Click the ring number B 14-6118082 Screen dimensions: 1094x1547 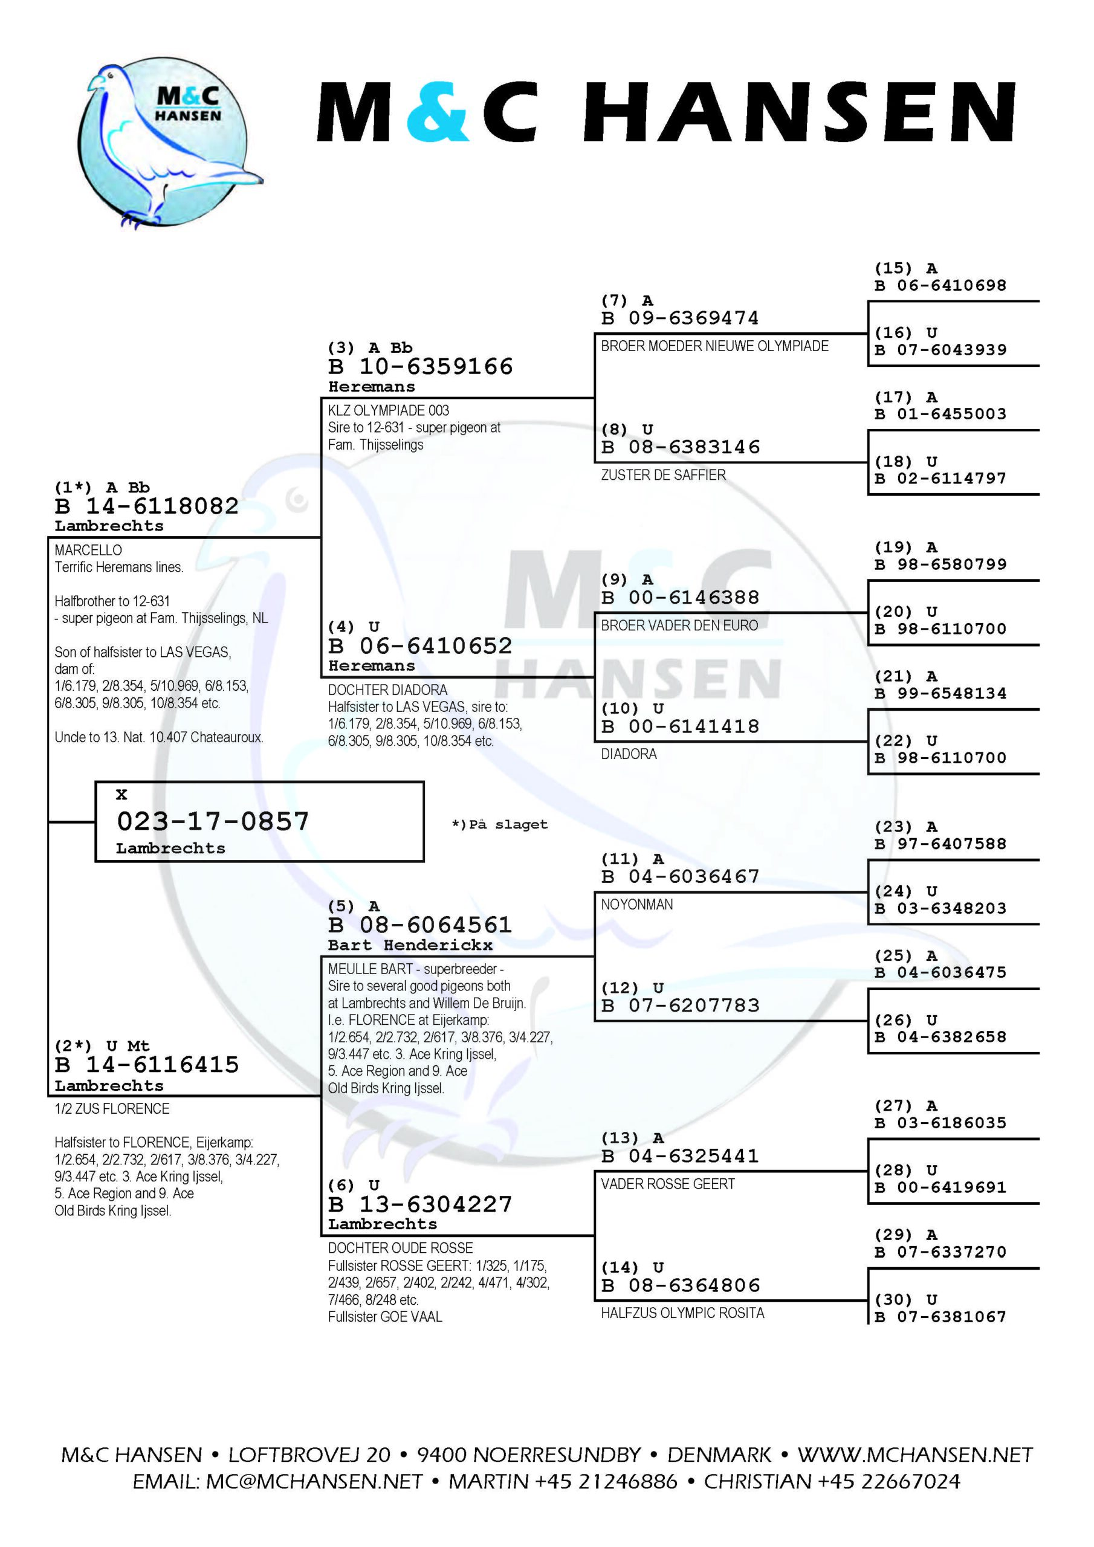pos(147,506)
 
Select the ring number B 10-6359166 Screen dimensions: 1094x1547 pos(421,367)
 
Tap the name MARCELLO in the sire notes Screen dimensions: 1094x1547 pos(88,550)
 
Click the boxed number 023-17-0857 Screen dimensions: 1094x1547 pos(213,821)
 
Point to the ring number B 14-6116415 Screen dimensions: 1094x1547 pos(147,1065)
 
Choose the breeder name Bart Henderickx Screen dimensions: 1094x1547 pos(410,945)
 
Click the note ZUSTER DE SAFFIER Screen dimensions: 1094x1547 pos(663,475)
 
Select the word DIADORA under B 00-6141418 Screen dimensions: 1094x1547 pos(629,754)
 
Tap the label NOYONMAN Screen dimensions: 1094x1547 pos(637,904)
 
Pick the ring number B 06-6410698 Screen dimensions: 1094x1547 pos(940,286)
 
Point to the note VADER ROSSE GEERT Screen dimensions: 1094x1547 pos(668,1184)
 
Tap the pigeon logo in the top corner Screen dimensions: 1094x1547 pos(170,143)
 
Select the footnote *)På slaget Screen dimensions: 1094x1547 pos(499,825)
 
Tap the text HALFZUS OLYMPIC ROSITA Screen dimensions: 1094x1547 pos(683,1313)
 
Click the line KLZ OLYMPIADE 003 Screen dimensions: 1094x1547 pos(388,410)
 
